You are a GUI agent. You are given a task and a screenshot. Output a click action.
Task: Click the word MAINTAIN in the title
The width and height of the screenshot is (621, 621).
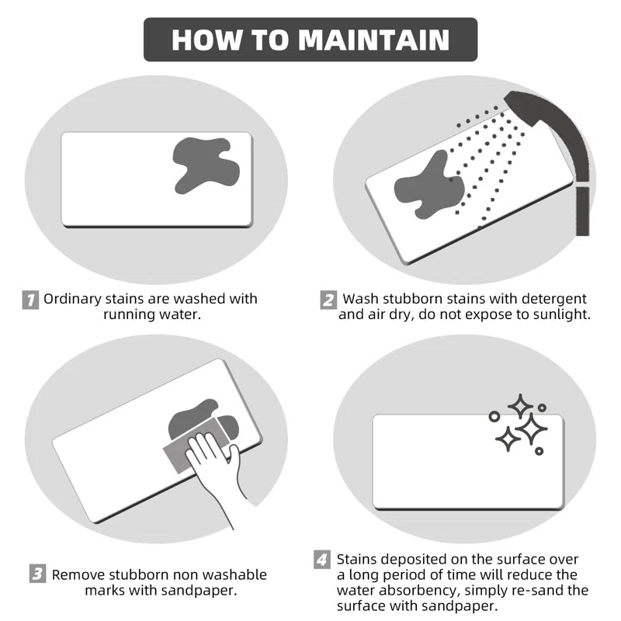[374, 40]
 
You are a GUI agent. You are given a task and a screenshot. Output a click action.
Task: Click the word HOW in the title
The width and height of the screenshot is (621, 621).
[206, 40]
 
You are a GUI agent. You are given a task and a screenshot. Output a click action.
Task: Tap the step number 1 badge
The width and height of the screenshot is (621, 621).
[30, 300]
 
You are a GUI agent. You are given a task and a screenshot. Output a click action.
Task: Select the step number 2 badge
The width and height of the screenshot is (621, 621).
[328, 300]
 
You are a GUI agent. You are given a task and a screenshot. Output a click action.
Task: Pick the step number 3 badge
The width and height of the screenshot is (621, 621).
[37, 574]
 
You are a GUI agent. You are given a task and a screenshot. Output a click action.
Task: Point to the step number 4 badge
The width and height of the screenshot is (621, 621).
[322, 560]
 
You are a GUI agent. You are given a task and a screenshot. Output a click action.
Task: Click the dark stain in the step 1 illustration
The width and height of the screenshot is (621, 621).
[206, 165]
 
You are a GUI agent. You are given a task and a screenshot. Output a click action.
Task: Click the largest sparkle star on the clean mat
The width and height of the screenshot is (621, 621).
[531, 428]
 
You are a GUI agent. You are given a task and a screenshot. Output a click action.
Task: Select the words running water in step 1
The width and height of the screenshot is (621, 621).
[152, 314]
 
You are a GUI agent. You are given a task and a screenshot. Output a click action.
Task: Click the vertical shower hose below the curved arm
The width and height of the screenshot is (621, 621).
[582, 210]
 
